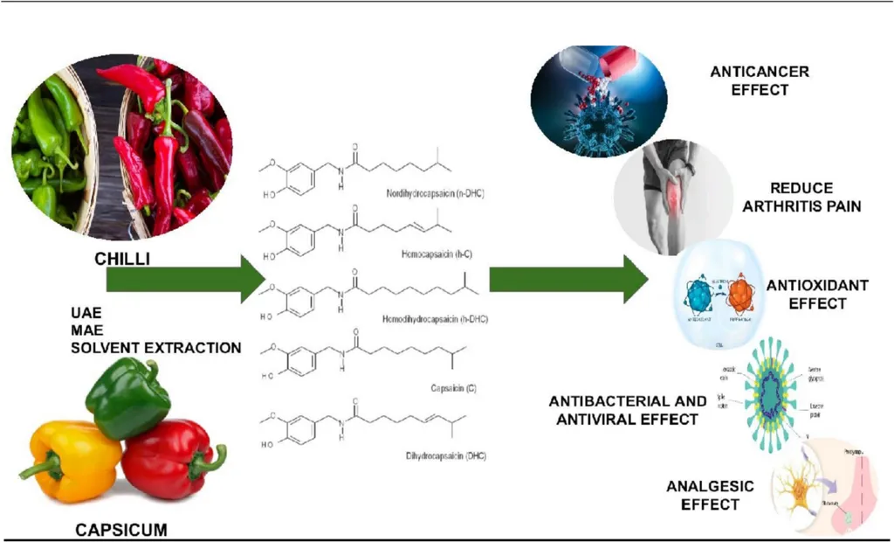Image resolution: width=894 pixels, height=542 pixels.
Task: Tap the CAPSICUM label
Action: point(120,528)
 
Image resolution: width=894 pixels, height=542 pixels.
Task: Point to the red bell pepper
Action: point(170,459)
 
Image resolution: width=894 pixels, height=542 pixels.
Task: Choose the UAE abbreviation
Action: point(88,312)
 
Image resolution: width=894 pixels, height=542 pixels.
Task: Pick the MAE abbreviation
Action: point(88,330)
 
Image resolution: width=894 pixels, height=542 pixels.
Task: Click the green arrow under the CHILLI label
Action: point(183,279)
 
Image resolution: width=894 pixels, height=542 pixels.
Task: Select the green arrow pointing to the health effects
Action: point(567,279)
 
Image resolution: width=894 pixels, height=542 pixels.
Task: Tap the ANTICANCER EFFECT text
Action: point(760,80)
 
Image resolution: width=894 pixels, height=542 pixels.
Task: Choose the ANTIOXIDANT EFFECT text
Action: point(806,295)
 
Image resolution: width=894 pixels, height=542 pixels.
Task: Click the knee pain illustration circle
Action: point(673,198)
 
